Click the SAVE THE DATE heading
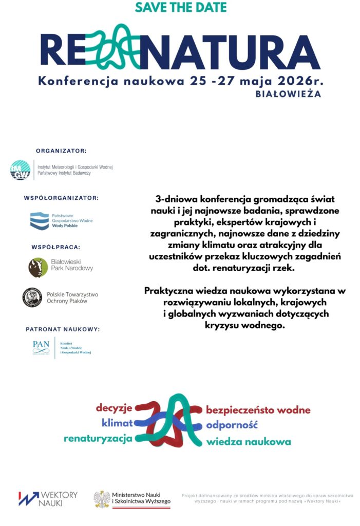(x=180, y=8)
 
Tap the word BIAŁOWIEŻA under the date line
(x=288, y=95)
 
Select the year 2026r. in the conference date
(x=299, y=81)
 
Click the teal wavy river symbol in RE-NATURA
(x=116, y=47)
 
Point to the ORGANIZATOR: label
(x=61, y=151)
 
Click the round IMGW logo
(x=21, y=171)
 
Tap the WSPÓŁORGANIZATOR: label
(x=61, y=197)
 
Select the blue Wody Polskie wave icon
(x=40, y=220)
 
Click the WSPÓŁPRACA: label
(x=56, y=247)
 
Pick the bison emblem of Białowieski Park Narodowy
(x=38, y=268)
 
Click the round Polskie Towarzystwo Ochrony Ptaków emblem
(x=32, y=297)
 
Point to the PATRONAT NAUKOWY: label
(x=63, y=329)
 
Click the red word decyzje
(x=114, y=408)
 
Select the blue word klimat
(x=117, y=423)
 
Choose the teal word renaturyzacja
(x=98, y=439)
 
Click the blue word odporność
(x=231, y=425)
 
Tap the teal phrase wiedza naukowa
(x=249, y=442)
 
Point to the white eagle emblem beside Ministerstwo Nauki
(x=102, y=499)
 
